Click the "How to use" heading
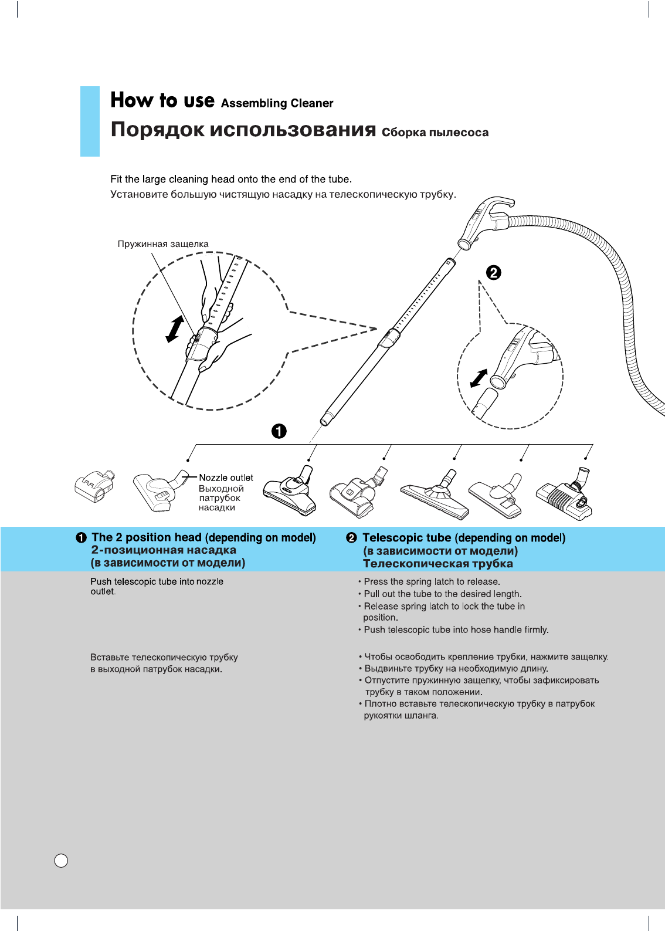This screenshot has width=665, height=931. tap(162, 100)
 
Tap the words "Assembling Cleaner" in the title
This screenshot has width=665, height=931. tap(277, 103)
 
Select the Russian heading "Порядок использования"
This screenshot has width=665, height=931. tap(243, 129)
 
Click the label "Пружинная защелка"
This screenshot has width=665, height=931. tap(163, 244)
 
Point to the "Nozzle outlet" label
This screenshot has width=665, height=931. tap(226, 478)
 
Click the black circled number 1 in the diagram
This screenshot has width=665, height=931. tap(279, 431)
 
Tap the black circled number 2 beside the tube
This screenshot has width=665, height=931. tap(494, 272)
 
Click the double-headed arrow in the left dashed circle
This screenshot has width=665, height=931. tap(175, 329)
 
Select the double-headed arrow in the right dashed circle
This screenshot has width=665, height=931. tap(479, 378)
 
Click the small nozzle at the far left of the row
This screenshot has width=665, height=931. tap(94, 486)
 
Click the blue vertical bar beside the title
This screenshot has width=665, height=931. tap(90, 121)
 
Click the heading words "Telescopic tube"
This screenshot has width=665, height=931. tap(407, 538)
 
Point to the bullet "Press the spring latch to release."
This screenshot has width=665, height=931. tap(432, 581)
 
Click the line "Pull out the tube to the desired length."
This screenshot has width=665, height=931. tap(442, 594)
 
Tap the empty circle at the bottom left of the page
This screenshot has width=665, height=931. tap(61, 861)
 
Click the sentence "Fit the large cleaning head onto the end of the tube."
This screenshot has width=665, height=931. tap(231, 180)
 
